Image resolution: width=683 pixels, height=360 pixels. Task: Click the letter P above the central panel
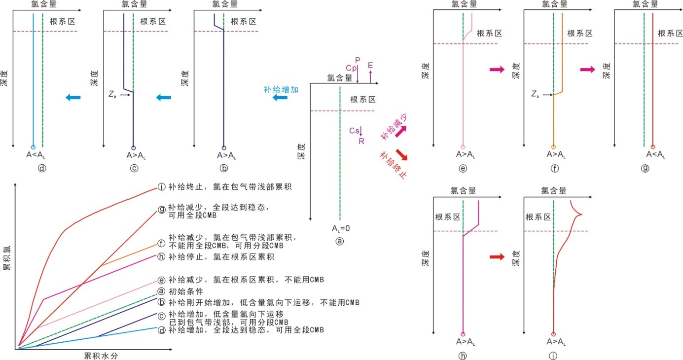358,60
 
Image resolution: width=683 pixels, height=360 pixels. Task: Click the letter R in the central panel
361,141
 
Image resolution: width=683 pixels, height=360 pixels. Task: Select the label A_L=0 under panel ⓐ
340,229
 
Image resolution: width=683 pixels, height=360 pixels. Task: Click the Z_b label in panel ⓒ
112,95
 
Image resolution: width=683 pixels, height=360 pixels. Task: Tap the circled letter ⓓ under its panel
42,168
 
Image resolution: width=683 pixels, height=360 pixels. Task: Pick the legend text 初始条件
184,291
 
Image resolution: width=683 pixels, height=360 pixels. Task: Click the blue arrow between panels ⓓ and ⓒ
73,98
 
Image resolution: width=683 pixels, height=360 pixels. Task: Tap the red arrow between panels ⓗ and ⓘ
497,256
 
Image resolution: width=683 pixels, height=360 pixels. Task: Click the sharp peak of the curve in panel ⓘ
582,214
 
